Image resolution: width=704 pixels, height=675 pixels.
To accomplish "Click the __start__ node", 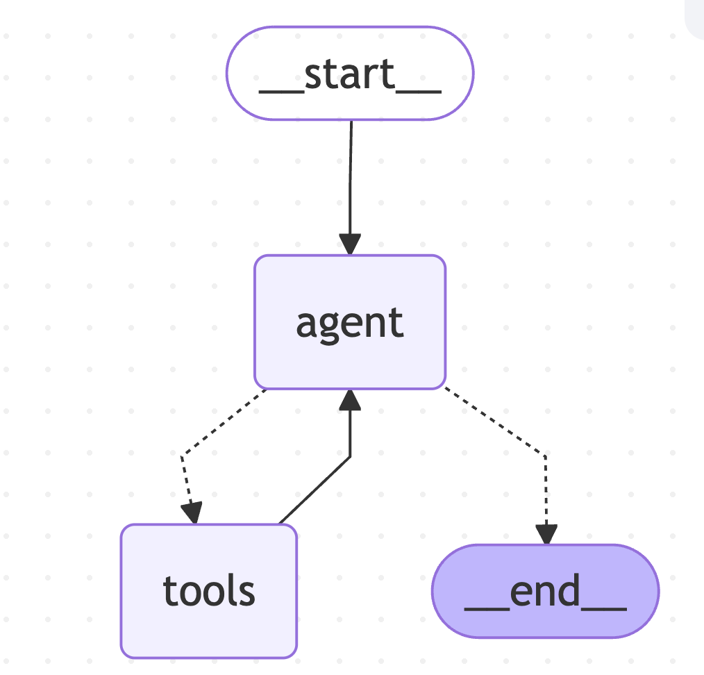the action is click(350, 73).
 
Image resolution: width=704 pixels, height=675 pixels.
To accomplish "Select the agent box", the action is click(350, 322).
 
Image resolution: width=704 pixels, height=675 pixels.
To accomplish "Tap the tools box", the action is click(209, 591).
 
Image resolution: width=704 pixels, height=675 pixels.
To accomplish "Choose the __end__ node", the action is click(546, 591).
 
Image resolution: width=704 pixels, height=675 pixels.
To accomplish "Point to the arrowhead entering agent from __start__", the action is click(350, 244).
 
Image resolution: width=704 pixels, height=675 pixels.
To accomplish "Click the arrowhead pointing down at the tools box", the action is click(192, 513).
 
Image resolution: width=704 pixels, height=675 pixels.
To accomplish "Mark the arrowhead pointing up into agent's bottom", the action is click(350, 400).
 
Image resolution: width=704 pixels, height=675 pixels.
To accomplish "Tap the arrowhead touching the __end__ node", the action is click(546, 534).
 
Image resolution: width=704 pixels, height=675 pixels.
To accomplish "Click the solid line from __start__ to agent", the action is click(350, 177).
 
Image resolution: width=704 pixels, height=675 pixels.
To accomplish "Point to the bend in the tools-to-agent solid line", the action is click(350, 457).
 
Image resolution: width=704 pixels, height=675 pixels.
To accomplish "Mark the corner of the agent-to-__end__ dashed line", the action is click(546, 456).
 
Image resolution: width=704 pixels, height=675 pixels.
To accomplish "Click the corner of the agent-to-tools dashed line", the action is click(181, 456).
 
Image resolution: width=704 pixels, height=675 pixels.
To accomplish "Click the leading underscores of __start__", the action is click(281, 92).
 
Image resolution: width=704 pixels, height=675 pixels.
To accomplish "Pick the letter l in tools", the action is click(232, 590).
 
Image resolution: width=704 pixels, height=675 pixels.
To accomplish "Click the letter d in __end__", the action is click(569, 589).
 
